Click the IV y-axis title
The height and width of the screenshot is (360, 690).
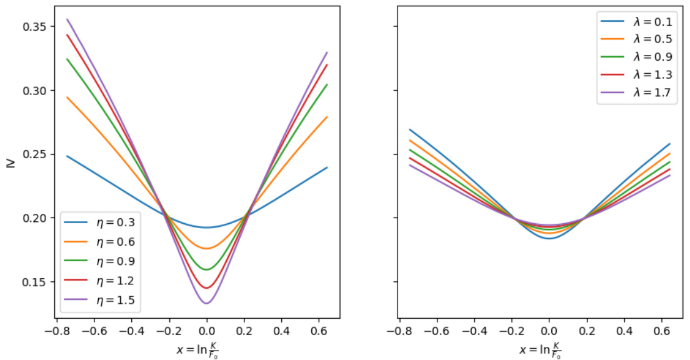9,164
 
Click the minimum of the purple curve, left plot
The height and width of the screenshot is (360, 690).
206,303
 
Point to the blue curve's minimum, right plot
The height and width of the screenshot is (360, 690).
549,238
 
